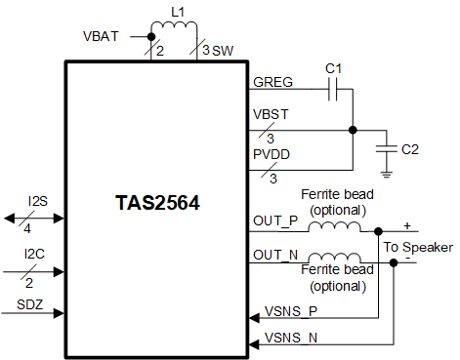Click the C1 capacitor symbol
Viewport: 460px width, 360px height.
(x=333, y=91)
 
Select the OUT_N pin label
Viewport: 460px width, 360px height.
(x=275, y=255)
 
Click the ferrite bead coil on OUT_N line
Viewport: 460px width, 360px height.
(x=334, y=259)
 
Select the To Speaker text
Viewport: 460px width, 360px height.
(x=418, y=246)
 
